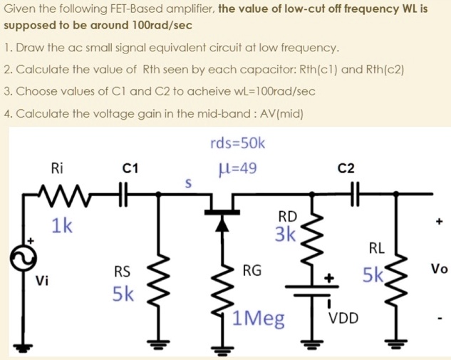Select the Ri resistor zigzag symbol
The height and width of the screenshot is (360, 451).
pos(61,193)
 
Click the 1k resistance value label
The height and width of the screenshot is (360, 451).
pos(61,226)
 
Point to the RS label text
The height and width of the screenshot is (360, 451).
pos(122,271)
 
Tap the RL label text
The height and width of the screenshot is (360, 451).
pos(377,249)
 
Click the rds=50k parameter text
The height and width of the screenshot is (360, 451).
pos(238,144)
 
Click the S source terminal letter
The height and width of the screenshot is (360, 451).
pos(188,183)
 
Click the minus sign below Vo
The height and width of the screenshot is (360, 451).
pos(440,318)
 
